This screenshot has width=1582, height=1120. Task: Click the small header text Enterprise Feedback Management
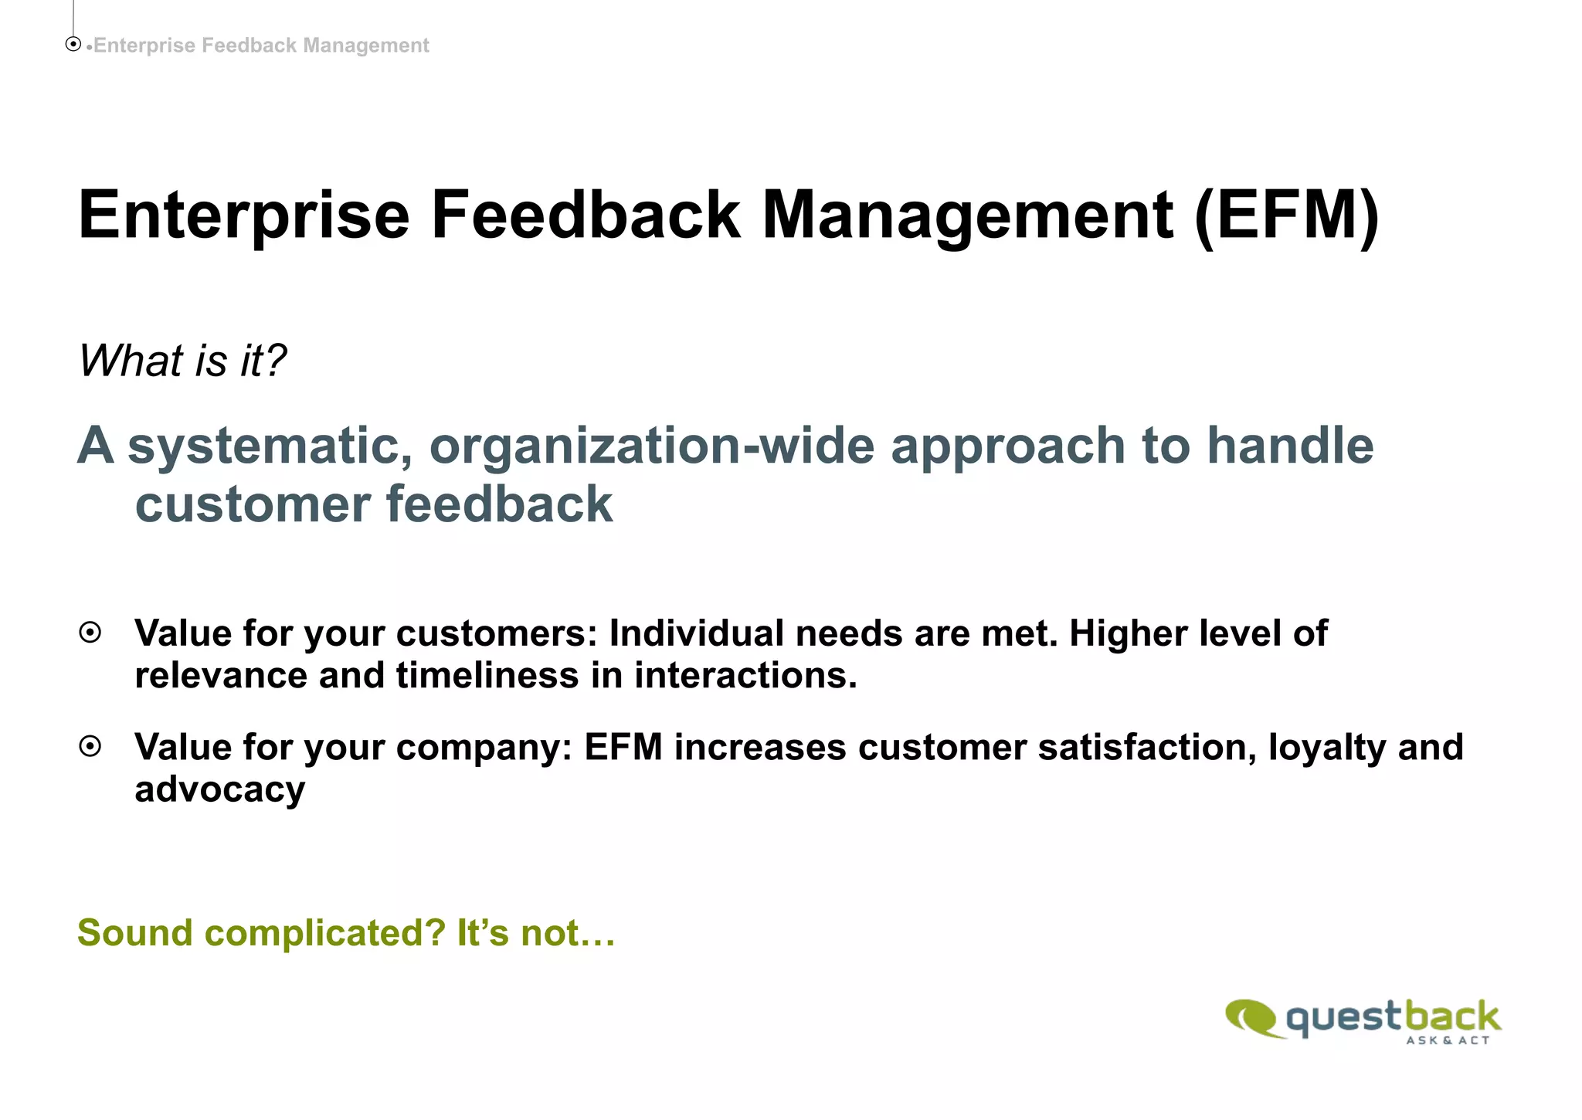pyautogui.click(x=260, y=46)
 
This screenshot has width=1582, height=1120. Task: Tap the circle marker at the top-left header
pyautogui.click(x=73, y=45)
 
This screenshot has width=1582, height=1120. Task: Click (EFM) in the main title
pyautogui.click(x=1286, y=216)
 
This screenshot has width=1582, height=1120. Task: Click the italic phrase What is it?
pyautogui.click(x=182, y=361)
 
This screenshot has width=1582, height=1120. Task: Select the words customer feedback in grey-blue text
pyautogui.click(x=374, y=504)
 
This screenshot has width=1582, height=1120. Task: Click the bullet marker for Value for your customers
pyautogui.click(x=90, y=633)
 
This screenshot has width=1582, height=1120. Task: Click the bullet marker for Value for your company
pyautogui.click(x=90, y=747)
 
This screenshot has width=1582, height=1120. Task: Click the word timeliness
pyautogui.click(x=487, y=675)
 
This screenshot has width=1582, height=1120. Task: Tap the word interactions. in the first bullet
pyautogui.click(x=745, y=675)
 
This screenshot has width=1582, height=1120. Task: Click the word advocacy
pyautogui.click(x=220, y=789)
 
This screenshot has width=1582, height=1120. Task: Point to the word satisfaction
pyautogui.click(x=1146, y=748)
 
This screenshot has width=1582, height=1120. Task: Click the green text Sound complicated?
pyautogui.click(x=262, y=933)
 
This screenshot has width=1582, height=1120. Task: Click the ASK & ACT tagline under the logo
pyautogui.click(x=1448, y=1040)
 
